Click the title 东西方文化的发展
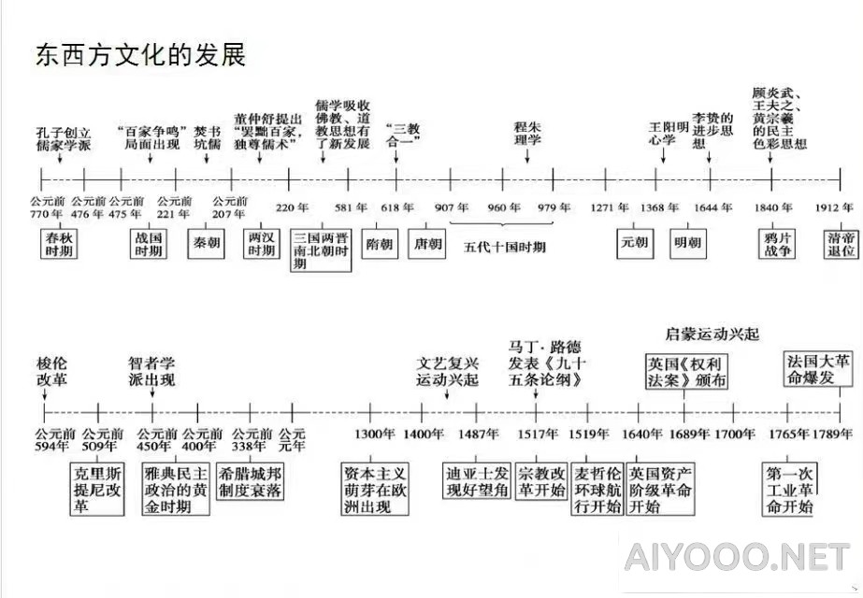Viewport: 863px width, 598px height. pyautogui.click(x=141, y=55)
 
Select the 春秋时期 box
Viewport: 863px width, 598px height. pyautogui.click(x=59, y=244)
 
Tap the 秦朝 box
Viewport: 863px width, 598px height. pyautogui.click(x=206, y=243)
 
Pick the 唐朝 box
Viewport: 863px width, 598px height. pyautogui.click(x=427, y=243)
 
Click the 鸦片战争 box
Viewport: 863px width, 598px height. pyautogui.click(x=777, y=244)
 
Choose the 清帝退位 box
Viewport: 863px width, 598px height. pyautogui.click(x=841, y=244)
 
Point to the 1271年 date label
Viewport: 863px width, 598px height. pyautogui.click(x=610, y=207)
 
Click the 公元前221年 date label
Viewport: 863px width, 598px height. pyautogui.click(x=175, y=207)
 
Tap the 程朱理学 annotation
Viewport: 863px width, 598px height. pyautogui.click(x=527, y=133)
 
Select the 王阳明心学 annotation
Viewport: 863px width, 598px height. pyautogui.click(x=669, y=134)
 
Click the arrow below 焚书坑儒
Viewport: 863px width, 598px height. pyautogui.click(x=207, y=158)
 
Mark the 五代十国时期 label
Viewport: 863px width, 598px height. pyautogui.click(x=505, y=247)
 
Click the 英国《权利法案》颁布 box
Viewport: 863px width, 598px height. pyautogui.click(x=686, y=372)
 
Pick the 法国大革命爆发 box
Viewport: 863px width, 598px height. pyautogui.click(x=818, y=370)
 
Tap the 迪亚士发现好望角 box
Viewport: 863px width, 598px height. pyautogui.click(x=477, y=481)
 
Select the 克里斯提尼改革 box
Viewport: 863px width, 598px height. pyautogui.click(x=97, y=489)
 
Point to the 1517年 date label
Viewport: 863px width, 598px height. pyautogui.click(x=538, y=434)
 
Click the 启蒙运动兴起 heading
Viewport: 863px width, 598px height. pyautogui.click(x=712, y=334)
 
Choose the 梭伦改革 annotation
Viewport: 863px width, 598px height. pyautogui.click(x=51, y=371)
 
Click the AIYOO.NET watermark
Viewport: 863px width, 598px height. pyautogui.click(x=738, y=557)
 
